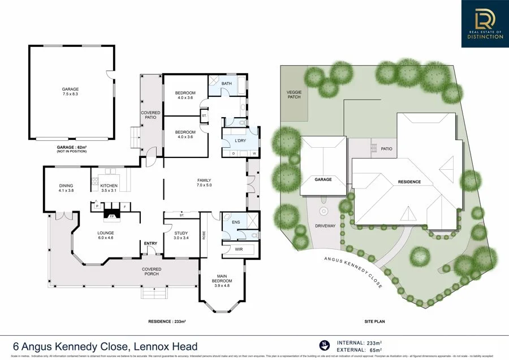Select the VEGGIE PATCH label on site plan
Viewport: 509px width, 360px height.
click(x=294, y=94)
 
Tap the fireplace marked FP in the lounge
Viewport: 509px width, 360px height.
click(x=111, y=216)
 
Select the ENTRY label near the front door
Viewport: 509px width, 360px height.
click(x=150, y=243)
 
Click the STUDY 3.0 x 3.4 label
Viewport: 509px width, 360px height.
click(x=180, y=235)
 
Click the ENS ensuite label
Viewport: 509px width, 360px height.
click(x=236, y=222)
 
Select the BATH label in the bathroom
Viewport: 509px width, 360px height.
click(x=226, y=84)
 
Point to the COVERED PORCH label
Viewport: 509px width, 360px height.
click(x=151, y=272)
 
